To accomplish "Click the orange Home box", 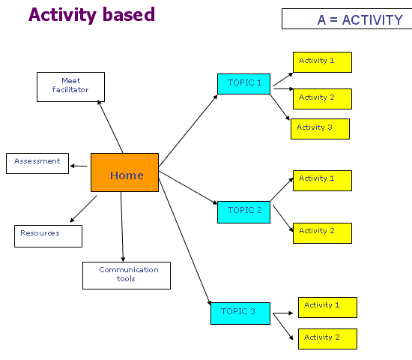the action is (124, 172).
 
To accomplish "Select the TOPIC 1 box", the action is (243, 84).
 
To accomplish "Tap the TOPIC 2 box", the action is (243, 212).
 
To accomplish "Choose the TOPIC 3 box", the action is (240, 313).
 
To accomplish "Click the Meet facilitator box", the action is (70, 87).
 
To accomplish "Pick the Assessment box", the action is (37, 163).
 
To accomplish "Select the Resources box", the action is (48, 236).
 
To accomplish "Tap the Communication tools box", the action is (127, 275).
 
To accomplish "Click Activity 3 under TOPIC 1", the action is (320, 129).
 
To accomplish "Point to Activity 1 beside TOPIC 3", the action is (327, 307).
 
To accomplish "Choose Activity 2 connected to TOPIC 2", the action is (322, 233).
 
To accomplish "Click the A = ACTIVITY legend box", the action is (347, 19).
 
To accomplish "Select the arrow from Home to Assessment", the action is (79, 166).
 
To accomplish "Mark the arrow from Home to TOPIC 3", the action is (185, 241).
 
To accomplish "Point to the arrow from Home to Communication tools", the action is (122, 226).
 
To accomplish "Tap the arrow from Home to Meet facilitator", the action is (110, 127).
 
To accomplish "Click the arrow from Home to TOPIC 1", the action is (188, 130).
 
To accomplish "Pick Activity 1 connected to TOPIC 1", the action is (322, 62).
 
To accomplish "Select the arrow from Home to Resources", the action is (83, 209).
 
